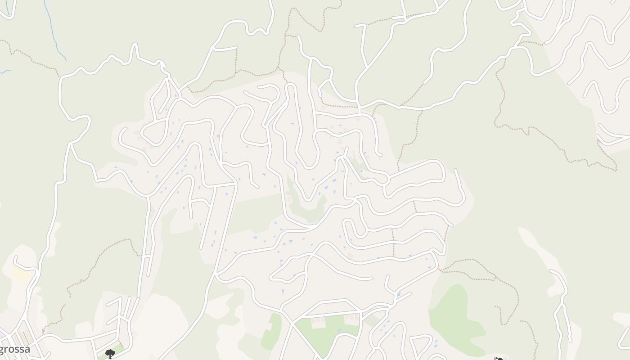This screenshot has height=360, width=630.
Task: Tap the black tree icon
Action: tap(110, 354)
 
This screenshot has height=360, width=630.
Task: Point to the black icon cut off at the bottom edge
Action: tap(499, 359)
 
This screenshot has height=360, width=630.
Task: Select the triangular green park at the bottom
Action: tap(326, 333)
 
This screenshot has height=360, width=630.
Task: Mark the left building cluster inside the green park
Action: tap(318, 319)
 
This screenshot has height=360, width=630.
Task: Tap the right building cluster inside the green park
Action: tap(351, 317)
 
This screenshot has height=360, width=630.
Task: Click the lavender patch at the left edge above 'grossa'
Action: tap(2, 335)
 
